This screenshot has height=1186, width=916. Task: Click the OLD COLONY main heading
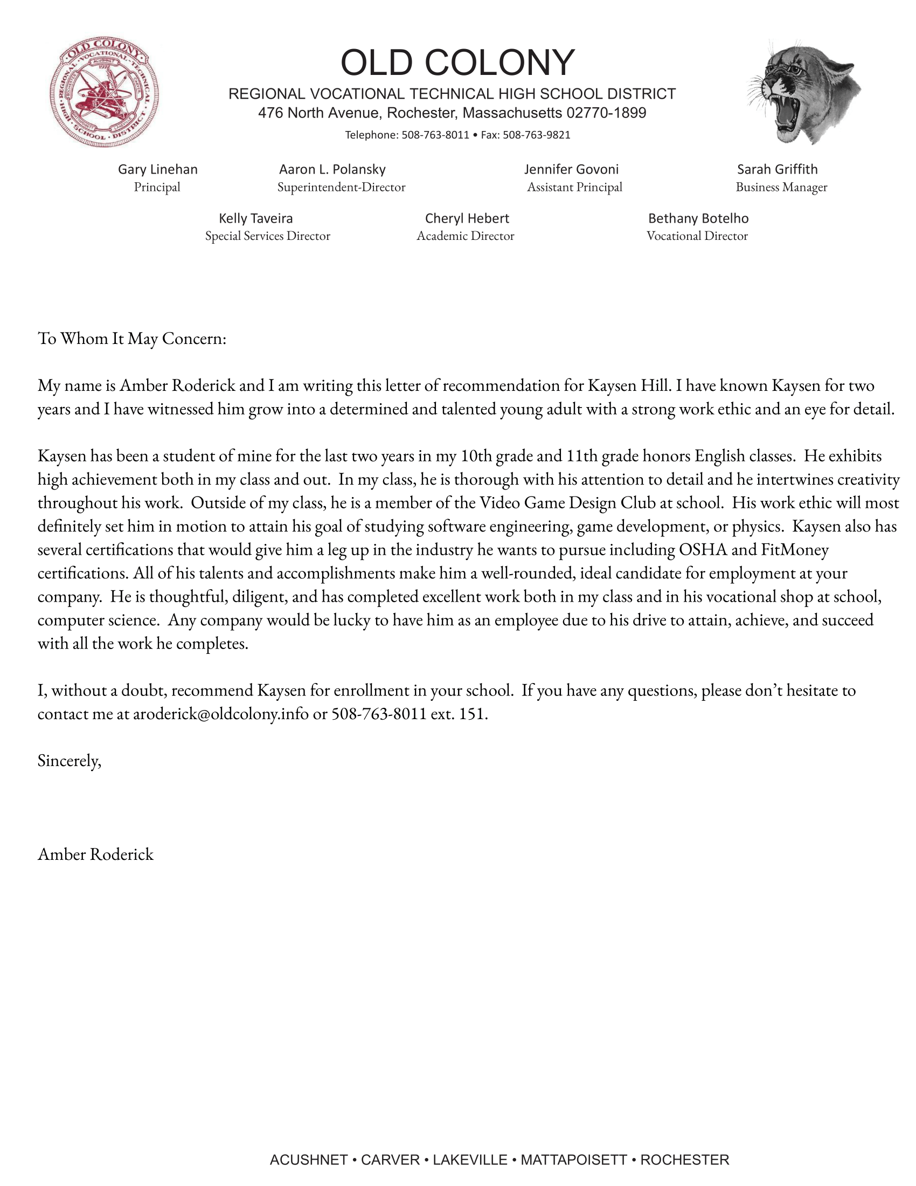[457, 63]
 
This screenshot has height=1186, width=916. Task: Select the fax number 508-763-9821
[536, 135]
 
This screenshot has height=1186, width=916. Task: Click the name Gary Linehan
[158, 169]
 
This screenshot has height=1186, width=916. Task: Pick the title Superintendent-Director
[341, 188]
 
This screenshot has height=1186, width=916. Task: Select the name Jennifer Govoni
[571, 169]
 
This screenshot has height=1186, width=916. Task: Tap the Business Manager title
[781, 188]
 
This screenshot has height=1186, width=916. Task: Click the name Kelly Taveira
[255, 218]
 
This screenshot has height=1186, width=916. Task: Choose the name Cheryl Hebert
[467, 218]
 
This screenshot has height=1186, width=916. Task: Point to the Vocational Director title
[697, 236]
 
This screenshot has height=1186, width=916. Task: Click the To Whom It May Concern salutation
[132, 339]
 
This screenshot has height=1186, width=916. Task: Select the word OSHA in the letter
[703, 550]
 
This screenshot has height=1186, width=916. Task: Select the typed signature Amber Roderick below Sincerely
[95, 854]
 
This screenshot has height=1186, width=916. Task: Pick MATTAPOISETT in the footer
[574, 1160]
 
